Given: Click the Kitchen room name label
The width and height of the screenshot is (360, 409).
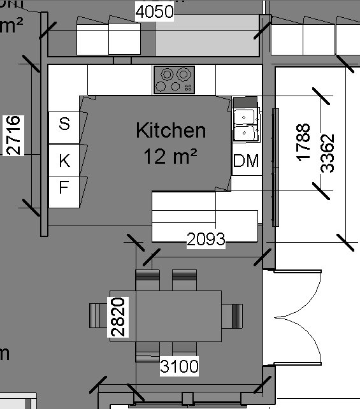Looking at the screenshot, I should coord(171,131).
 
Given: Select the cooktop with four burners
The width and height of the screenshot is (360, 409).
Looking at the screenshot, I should coord(175,80).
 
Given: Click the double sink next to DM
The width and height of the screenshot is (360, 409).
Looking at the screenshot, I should coord(245,125).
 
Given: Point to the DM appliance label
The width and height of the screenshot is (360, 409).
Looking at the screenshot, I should coord(246,161).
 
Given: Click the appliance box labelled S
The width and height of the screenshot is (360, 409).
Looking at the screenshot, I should coord(64,124).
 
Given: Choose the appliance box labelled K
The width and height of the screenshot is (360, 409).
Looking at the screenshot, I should coord(64,161).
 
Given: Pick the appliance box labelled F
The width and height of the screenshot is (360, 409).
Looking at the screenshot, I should coord(64,188).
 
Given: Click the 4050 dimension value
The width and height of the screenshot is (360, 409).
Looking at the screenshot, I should coord(154,12).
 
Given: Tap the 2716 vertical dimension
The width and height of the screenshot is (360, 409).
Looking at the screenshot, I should coord(13,135).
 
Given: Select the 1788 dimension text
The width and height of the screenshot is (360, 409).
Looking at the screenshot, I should coord(303,141).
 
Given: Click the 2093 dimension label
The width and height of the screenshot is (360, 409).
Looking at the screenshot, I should coord(206,240).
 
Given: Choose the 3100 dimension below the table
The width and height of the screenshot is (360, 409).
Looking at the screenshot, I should coord(179,366).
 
